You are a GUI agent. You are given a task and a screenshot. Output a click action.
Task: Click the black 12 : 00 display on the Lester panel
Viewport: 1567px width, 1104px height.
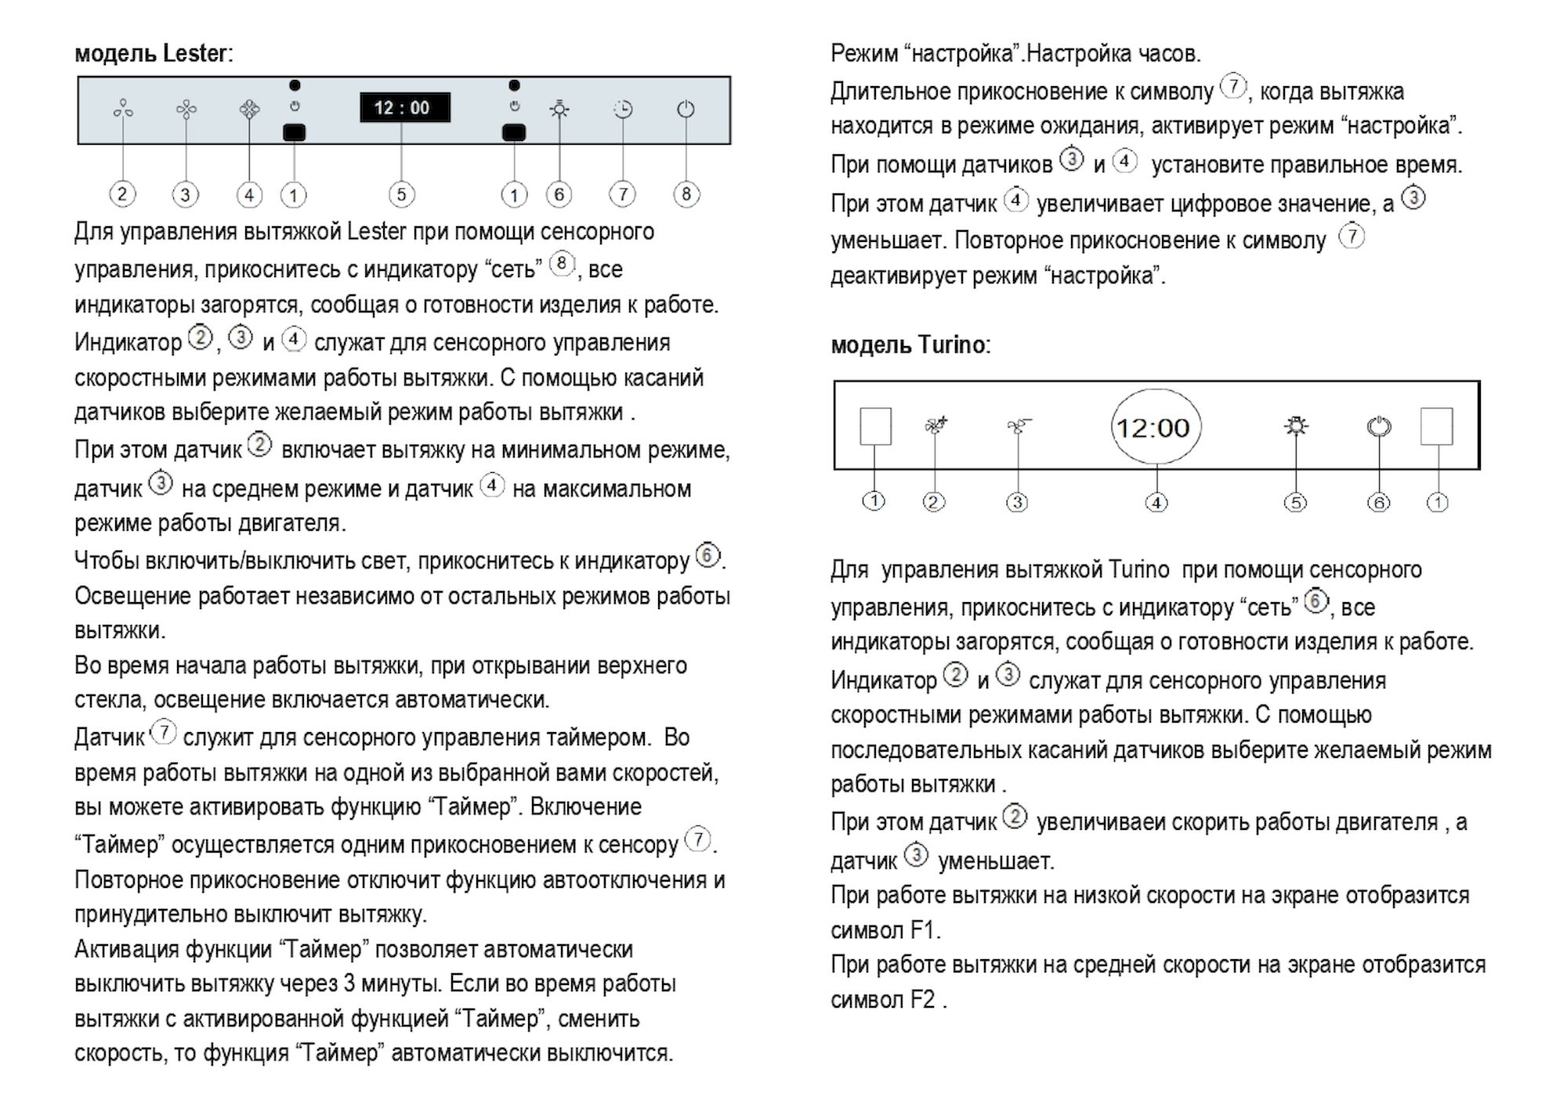pos(404,107)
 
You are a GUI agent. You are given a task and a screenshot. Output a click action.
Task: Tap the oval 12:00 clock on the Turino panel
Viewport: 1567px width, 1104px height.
pos(1156,428)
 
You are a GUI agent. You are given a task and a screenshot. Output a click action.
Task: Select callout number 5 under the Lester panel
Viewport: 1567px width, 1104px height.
pos(401,194)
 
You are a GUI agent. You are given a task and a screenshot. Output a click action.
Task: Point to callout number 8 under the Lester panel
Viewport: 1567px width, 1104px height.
pos(686,193)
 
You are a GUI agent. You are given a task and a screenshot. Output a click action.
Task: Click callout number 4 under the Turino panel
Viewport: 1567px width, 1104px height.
pos(1156,502)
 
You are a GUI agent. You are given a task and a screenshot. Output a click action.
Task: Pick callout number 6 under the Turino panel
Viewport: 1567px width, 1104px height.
pos(1378,502)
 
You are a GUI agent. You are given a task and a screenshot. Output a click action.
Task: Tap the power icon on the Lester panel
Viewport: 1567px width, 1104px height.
pos(686,109)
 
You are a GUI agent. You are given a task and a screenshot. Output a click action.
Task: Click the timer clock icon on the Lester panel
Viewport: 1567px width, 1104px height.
pos(623,109)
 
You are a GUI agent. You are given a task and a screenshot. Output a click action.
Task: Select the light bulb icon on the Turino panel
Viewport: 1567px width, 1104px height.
pos(1297,426)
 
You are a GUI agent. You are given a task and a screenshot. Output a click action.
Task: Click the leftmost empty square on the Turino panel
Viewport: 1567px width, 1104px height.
pos(875,427)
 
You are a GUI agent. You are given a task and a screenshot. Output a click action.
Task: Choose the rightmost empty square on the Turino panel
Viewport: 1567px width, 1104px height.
pos(1436,427)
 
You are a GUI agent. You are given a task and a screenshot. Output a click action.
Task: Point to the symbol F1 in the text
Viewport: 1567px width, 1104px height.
pos(924,930)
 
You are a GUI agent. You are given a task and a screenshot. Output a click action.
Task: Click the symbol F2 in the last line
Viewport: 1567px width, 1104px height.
pos(922,1000)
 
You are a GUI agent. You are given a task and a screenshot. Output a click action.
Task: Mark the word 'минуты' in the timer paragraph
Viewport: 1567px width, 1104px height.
pos(402,983)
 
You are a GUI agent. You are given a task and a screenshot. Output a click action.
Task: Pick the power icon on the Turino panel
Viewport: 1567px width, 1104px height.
pos(1379,427)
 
